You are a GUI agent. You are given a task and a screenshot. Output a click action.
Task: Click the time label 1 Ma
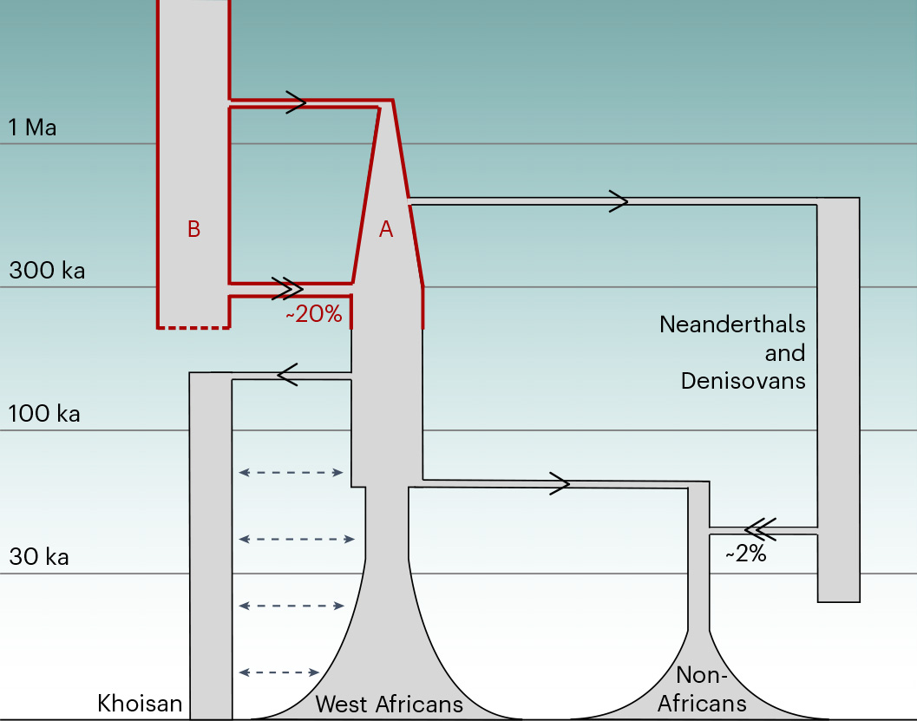point(32,128)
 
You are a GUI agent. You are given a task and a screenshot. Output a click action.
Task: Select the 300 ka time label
point(47,271)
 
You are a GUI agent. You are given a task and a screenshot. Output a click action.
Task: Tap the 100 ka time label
point(44,414)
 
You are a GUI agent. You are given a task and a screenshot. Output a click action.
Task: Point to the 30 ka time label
point(39,557)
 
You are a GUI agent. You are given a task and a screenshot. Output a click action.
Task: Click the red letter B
point(193,229)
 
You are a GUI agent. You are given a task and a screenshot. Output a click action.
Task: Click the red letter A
point(386,229)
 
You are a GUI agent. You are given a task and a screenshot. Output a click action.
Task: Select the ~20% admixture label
point(313,315)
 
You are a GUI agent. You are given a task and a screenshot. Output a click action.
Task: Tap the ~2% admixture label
point(746,554)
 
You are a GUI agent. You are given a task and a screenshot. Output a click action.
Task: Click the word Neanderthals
point(732,324)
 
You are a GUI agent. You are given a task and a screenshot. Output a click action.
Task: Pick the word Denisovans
point(743,380)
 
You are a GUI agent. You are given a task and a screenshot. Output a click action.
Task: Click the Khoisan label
point(140,703)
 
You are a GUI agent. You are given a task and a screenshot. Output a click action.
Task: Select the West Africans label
point(389,704)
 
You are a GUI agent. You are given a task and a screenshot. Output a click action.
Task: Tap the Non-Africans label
point(702,689)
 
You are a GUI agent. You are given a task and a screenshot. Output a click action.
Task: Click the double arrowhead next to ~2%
point(760,527)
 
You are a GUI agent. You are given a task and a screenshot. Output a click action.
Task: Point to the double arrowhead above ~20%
point(288,288)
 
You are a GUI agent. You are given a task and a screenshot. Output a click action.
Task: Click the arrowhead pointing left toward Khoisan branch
point(287,374)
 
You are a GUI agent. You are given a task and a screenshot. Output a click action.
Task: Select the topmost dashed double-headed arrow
point(291,473)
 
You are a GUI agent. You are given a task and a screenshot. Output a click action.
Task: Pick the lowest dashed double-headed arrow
point(279,672)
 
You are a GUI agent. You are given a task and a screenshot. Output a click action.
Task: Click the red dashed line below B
point(193,327)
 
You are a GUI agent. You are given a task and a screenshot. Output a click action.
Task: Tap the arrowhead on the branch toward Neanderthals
point(619,201)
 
